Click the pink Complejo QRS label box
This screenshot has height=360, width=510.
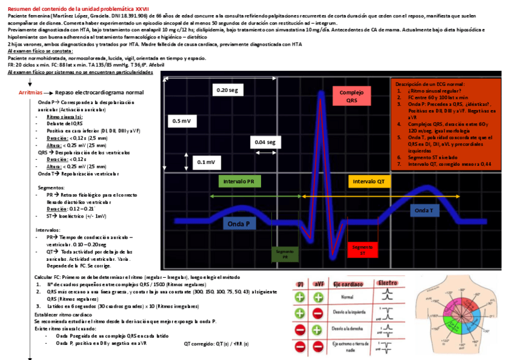tap(352, 96)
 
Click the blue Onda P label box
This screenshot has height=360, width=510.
tap(242, 224)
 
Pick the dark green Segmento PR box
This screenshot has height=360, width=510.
tap(284, 253)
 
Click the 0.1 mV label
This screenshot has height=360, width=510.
tap(205, 162)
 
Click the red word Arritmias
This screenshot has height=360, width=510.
tap(31, 93)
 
